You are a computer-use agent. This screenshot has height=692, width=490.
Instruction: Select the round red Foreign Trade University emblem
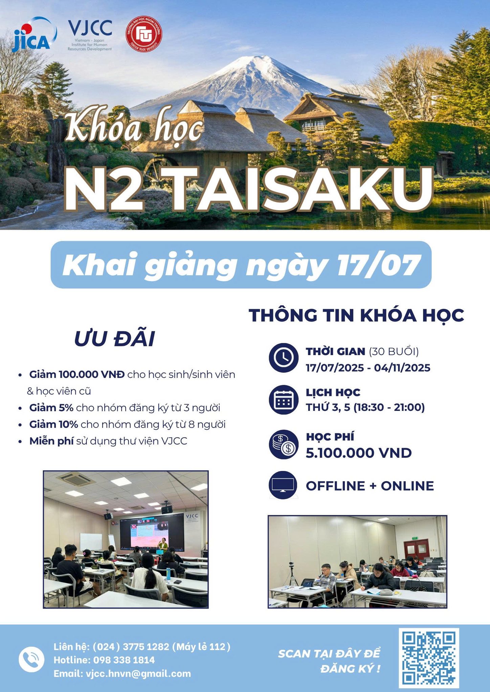(144, 35)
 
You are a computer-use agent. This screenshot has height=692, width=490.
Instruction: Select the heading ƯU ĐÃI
(114, 339)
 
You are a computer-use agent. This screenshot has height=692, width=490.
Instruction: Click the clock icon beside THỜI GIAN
(284, 358)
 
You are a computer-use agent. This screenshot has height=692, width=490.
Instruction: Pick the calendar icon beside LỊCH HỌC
(284, 400)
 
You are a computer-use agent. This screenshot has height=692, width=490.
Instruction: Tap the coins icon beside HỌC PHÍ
(284, 444)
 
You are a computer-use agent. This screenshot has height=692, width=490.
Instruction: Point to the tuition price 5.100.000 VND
(359, 453)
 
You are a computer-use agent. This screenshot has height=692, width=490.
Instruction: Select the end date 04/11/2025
(402, 368)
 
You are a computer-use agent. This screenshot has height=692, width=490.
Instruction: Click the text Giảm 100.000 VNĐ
(77, 374)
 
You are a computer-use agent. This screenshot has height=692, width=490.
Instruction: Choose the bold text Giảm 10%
(53, 424)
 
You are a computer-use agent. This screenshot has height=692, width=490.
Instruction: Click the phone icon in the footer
(31, 660)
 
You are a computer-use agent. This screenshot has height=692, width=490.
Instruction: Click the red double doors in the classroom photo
(416, 550)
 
